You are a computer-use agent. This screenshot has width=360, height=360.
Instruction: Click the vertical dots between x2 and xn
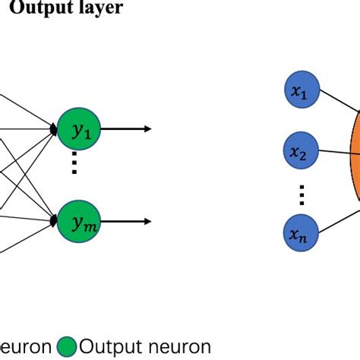point(301,194)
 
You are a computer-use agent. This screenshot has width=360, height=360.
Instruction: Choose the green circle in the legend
point(67,347)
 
